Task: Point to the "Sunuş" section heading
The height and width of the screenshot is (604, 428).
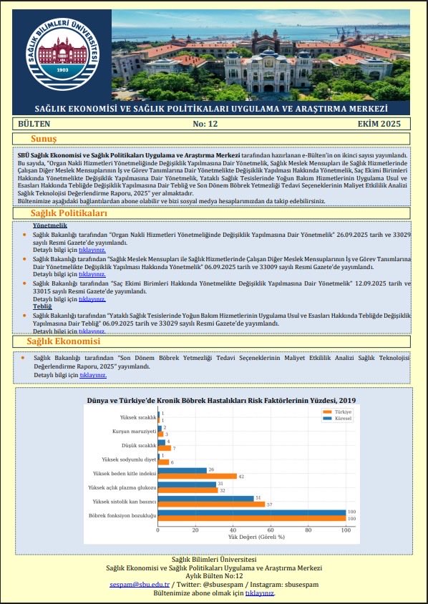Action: pos(43,138)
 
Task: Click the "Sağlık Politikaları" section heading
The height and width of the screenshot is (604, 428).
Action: pos(69,213)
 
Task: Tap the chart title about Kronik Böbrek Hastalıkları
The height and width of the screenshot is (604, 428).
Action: pos(221,400)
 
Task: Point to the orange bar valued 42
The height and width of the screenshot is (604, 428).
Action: pos(197,476)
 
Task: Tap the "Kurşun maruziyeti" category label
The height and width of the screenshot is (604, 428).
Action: pos(134,432)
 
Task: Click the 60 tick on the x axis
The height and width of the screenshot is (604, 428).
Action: pos(271,530)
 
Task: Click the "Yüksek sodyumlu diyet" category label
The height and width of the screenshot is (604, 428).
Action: pos(129,459)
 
